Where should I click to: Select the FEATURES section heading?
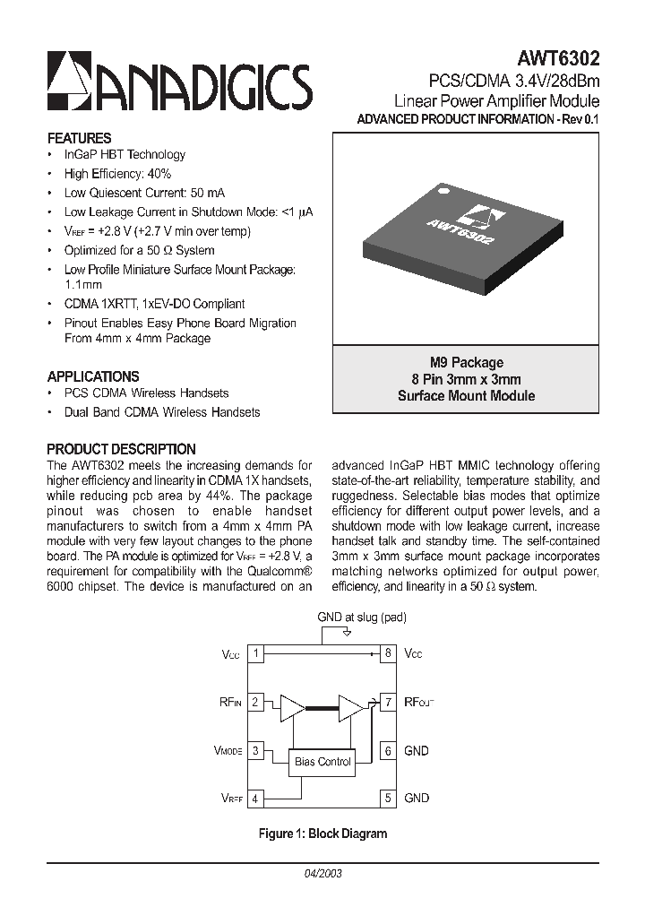(79, 138)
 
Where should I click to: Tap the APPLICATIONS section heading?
(92, 376)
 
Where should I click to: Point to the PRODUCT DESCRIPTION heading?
(121, 449)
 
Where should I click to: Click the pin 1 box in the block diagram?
(256, 653)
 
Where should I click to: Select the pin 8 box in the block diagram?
(388, 653)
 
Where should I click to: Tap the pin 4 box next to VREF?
(256, 799)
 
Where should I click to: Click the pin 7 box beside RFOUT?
(388, 703)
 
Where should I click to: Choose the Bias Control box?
(322, 762)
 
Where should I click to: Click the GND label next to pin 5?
(417, 798)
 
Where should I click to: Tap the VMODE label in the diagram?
(228, 751)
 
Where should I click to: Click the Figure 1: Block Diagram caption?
(322, 834)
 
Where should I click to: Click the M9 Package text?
(466, 362)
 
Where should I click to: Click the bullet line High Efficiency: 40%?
(117, 173)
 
